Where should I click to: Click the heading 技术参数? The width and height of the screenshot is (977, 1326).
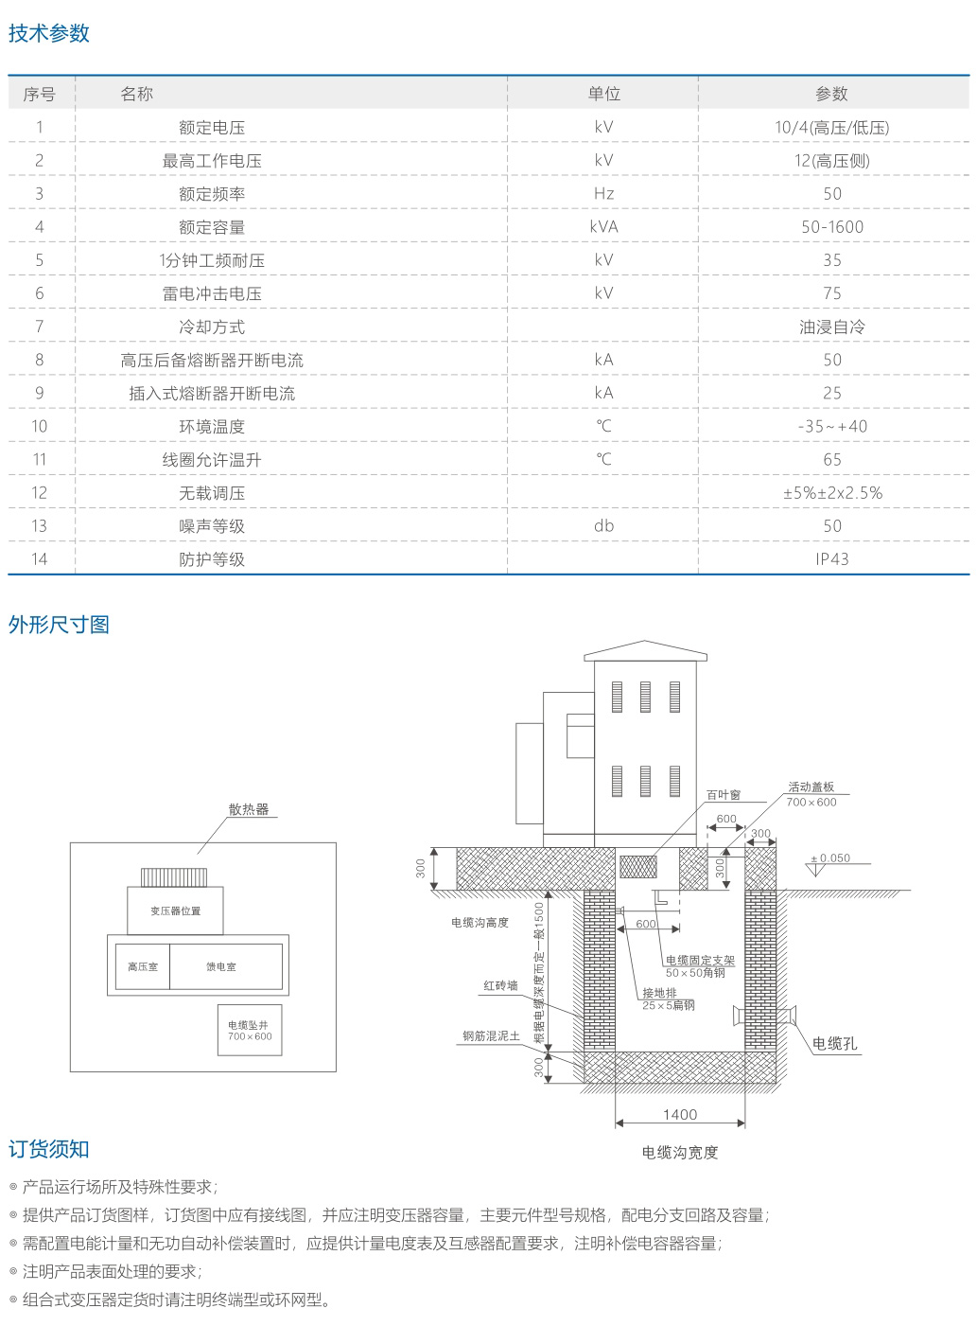pyautogui.click(x=49, y=33)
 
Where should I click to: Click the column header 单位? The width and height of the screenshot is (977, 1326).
pyautogui.click(x=603, y=94)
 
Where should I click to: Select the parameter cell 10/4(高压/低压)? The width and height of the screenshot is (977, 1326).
pyautogui.click(x=831, y=128)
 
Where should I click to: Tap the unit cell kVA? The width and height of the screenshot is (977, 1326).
pyautogui.click(x=603, y=227)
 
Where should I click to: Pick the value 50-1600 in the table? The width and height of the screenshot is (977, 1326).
pyautogui.click(x=831, y=227)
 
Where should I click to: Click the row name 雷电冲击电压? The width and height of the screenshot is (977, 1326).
pyautogui.click(x=212, y=293)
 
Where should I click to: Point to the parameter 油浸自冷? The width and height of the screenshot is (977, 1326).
pyautogui.click(x=831, y=327)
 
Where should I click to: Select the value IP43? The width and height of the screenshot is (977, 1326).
pyautogui.click(x=831, y=559)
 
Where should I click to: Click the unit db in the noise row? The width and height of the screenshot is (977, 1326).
pyautogui.click(x=603, y=526)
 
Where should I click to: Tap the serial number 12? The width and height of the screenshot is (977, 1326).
pyautogui.click(x=39, y=493)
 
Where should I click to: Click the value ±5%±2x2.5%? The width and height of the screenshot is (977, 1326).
pyautogui.click(x=831, y=493)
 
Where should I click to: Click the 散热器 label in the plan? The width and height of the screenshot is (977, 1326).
pyautogui.click(x=249, y=809)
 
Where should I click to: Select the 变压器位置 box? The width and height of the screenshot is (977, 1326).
pyautogui.click(x=176, y=911)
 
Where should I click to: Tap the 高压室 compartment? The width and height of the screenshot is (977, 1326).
pyautogui.click(x=143, y=966)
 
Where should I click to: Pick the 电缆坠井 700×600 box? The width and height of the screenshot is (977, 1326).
pyautogui.click(x=250, y=1030)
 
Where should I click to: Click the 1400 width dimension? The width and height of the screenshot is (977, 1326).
pyautogui.click(x=680, y=1114)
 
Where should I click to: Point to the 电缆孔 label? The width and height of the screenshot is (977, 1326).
pyautogui.click(x=834, y=1043)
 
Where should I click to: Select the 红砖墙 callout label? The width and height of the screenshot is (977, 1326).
pyautogui.click(x=500, y=985)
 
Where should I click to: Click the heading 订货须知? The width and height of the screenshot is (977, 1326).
pyautogui.click(x=49, y=1149)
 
